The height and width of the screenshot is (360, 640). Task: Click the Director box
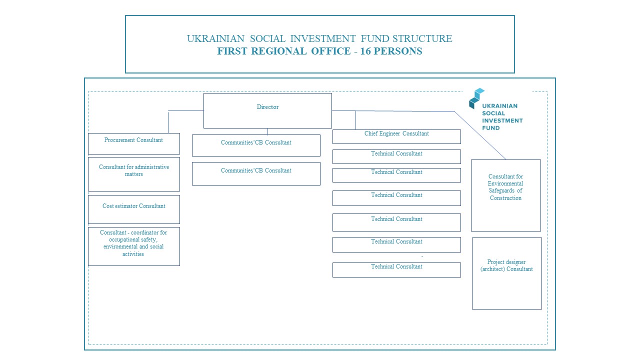267,110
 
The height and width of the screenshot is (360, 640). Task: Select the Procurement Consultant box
133,143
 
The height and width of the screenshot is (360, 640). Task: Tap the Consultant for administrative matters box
133,173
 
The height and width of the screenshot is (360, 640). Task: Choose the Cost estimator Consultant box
133,209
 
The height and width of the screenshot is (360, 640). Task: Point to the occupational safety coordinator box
133,246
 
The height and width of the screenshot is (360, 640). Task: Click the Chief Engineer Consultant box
396,136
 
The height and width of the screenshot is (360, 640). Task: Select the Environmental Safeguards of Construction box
505,195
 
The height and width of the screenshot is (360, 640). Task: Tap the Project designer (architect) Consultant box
506,273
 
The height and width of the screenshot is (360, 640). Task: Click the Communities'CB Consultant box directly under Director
256,145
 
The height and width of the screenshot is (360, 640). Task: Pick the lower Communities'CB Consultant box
256,173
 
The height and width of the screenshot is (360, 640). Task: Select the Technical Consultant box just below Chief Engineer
396,156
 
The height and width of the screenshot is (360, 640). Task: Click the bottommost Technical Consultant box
396,269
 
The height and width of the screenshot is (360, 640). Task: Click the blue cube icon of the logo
476,98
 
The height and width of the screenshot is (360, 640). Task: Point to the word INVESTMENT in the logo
502,120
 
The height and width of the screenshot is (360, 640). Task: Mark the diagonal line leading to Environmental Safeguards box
480,135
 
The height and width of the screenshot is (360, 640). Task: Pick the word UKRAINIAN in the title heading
215,38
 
